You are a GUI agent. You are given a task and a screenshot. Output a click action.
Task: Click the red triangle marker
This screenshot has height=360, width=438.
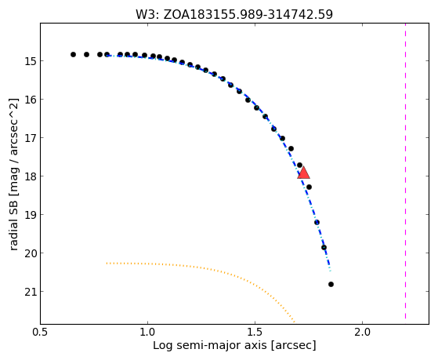(x=303, y=173)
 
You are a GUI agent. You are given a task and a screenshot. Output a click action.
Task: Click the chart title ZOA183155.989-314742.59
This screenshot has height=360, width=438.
(x=248, y=15)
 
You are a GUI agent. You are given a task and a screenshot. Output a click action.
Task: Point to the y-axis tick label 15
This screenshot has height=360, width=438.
(x=31, y=61)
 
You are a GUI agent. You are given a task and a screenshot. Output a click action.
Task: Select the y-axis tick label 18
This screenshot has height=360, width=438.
(x=31, y=176)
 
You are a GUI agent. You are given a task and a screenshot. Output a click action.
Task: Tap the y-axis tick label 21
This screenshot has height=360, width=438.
(x=31, y=292)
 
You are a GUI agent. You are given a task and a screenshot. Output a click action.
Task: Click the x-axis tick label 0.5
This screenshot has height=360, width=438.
(x=41, y=332)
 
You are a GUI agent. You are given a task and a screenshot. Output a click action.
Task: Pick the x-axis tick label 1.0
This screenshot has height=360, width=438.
(x=147, y=332)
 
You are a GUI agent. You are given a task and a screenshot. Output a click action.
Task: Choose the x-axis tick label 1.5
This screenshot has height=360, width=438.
(x=255, y=332)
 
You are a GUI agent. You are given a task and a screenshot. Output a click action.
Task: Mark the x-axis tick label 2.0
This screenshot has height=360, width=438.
(x=362, y=332)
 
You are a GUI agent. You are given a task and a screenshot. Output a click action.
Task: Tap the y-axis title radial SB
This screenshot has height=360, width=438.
(x=13, y=227)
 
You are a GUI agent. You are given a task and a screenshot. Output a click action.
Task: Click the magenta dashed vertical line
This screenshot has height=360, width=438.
(x=405, y=171)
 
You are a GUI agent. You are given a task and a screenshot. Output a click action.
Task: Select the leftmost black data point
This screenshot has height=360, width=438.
(x=73, y=55)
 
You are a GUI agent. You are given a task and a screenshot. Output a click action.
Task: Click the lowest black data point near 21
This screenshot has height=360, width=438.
(x=331, y=285)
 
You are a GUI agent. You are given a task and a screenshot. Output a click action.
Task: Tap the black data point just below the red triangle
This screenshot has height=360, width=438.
(x=309, y=187)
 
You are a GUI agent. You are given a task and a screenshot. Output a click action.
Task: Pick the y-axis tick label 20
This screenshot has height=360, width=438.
(x=31, y=253)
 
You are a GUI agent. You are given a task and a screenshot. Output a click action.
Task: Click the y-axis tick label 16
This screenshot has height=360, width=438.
(x=31, y=100)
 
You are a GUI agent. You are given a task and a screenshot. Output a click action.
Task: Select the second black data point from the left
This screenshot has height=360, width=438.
(x=87, y=55)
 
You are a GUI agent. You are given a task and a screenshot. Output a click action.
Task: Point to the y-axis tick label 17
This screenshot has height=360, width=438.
(x=31, y=138)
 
